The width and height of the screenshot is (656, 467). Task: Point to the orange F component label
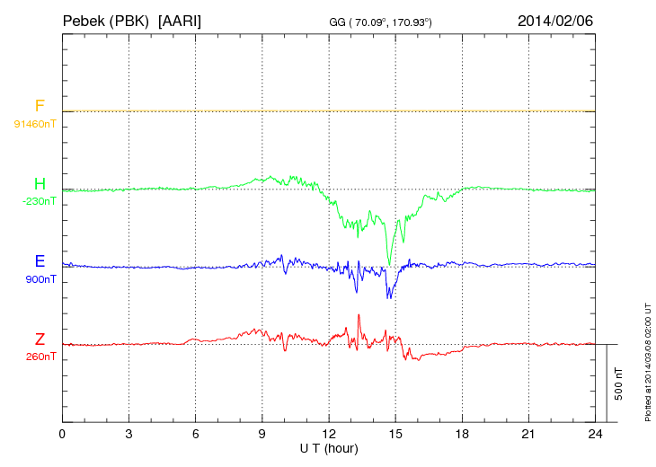click(x=40, y=107)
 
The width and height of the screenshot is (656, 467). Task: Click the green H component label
click(x=40, y=184)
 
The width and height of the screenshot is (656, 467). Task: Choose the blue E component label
click(x=40, y=261)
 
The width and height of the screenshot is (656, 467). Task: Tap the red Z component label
click(x=40, y=339)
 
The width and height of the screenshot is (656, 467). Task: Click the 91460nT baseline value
click(x=35, y=123)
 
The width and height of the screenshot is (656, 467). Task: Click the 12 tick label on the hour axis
click(x=329, y=435)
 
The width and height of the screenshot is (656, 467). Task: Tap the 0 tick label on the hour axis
click(x=62, y=435)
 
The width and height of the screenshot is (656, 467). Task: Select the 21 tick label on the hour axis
click(x=528, y=435)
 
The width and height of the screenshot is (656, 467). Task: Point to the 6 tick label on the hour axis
click(x=196, y=435)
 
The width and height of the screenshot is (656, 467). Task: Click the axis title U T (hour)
click(x=329, y=447)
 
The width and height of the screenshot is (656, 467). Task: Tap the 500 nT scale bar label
click(x=618, y=383)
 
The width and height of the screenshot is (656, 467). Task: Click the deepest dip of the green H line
click(x=389, y=264)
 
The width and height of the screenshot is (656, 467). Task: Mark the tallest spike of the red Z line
click(x=359, y=315)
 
